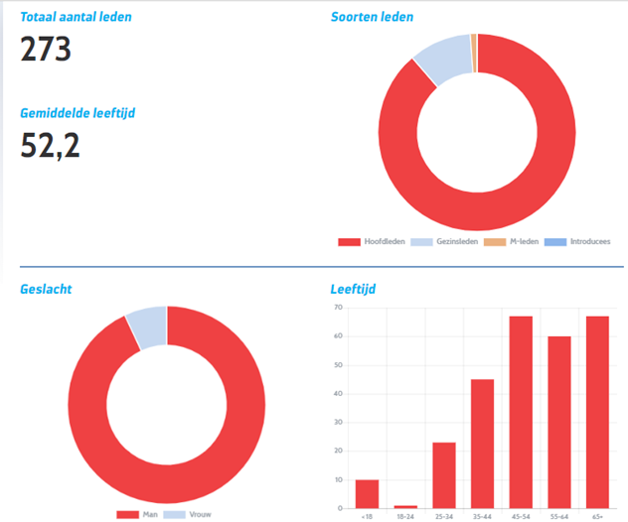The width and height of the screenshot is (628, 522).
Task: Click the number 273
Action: (x=46, y=49)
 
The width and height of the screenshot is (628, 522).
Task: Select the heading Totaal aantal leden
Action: (x=76, y=17)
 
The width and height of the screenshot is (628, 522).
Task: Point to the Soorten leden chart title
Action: (x=372, y=17)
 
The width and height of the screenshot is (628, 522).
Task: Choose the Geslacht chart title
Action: (x=46, y=290)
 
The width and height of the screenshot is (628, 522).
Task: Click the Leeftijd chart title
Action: (x=353, y=290)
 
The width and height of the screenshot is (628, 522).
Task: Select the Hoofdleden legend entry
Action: (x=374, y=241)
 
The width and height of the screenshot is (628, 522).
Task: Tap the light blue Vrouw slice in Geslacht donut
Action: (x=148, y=326)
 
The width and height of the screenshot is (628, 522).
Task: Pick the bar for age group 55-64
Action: (x=559, y=422)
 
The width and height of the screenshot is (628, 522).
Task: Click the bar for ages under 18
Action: (x=367, y=493)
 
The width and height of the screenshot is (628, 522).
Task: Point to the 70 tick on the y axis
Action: (x=338, y=308)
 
